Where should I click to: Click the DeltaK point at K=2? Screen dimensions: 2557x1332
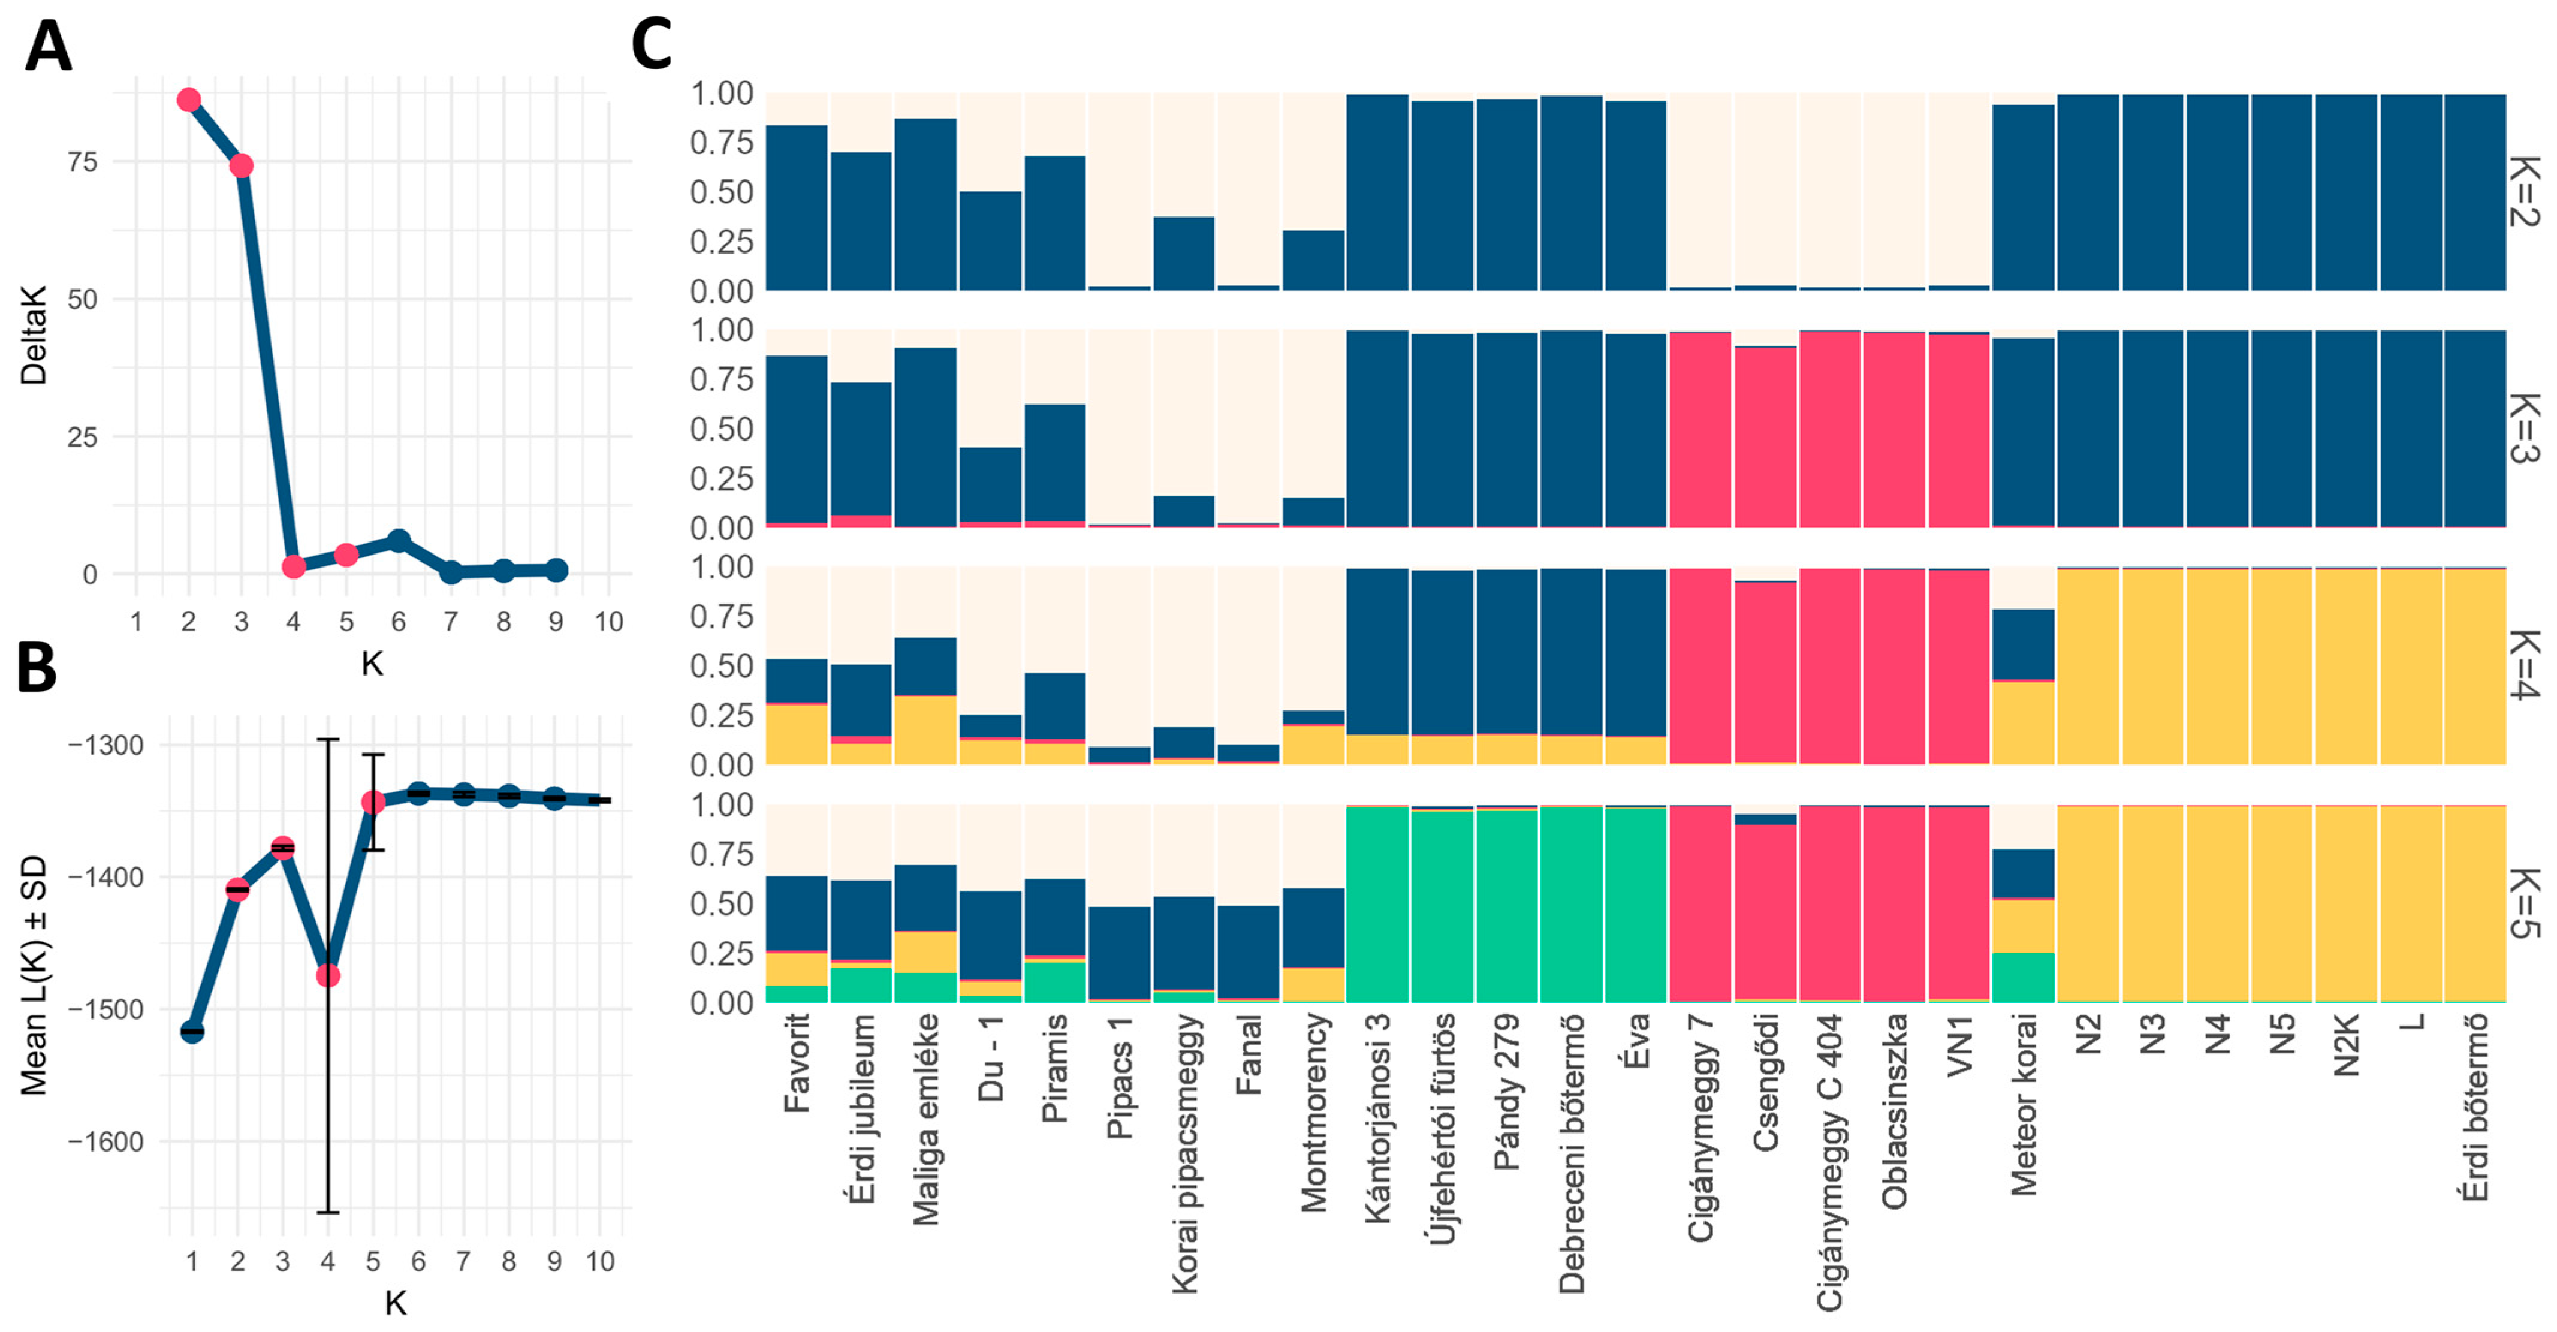tap(189, 100)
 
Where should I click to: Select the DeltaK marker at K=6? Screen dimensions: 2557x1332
tap(398, 541)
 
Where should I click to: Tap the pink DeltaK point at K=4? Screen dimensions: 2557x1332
tap(294, 566)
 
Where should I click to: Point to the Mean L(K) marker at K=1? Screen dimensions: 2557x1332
tap(192, 1032)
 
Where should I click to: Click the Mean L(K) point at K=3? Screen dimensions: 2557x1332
tap(283, 848)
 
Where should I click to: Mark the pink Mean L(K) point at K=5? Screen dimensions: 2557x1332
tap(373, 802)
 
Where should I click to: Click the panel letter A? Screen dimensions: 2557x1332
tap(47, 47)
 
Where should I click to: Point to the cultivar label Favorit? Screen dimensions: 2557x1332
tap(797, 1062)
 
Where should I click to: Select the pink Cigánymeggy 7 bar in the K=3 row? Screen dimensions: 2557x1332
tap(1700, 429)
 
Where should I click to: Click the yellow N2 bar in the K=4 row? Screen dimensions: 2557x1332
tap(2088, 666)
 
